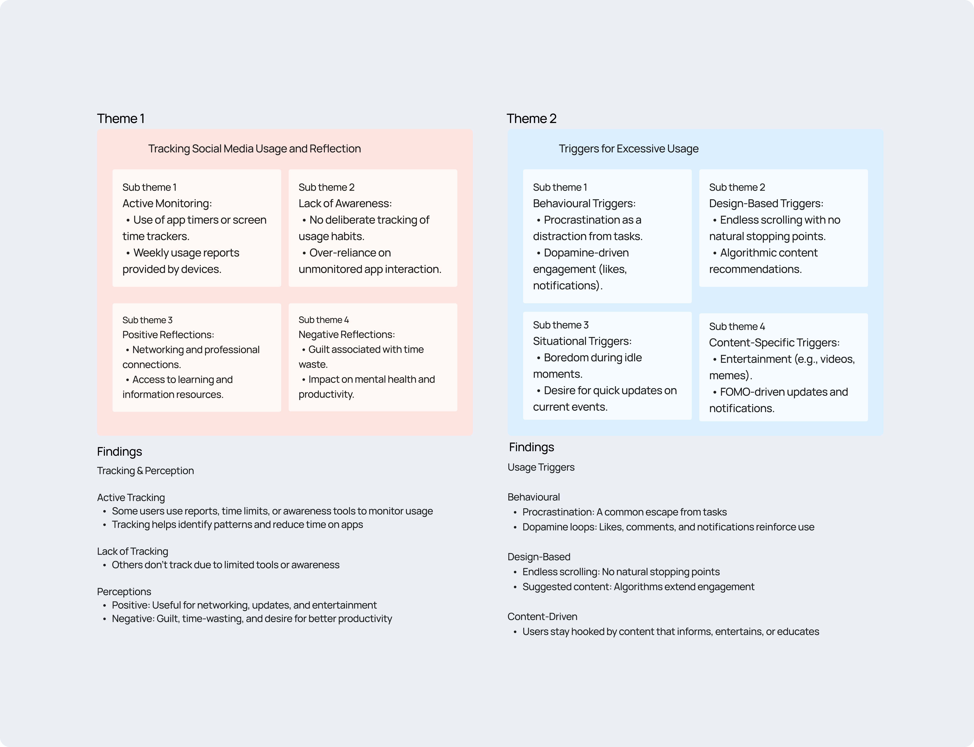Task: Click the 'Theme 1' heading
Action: (120, 119)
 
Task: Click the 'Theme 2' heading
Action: (531, 119)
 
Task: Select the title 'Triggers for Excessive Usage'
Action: (628, 149)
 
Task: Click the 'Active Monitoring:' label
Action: (167, 204)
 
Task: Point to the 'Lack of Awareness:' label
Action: (345, 204)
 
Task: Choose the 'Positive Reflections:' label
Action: (168, 335)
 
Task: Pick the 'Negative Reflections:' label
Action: (347, 335)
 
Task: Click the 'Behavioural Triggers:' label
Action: (584, 204)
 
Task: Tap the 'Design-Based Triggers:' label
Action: (766, 204)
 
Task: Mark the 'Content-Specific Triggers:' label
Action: (774, 343)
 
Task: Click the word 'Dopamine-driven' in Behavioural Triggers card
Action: (586, 253)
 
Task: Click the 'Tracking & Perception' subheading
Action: (145, 471)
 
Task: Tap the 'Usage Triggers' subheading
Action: (541, 467)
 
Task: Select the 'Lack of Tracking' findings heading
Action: (132, 551)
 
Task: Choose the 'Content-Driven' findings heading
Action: (542, 617)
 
